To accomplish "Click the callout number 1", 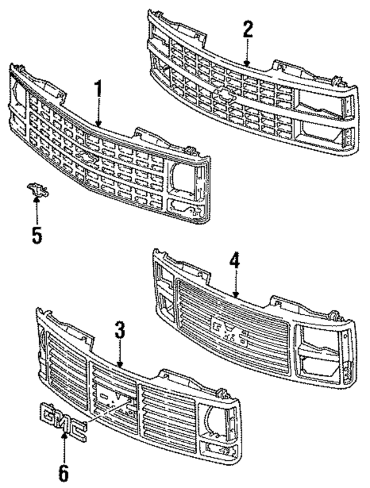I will pos(98,90).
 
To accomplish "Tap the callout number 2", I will pos(247,29).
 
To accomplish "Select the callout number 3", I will pos(119,331).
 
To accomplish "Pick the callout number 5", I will pos(36,236).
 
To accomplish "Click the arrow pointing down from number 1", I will pos(99,116).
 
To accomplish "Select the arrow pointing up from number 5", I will pos(36,211).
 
